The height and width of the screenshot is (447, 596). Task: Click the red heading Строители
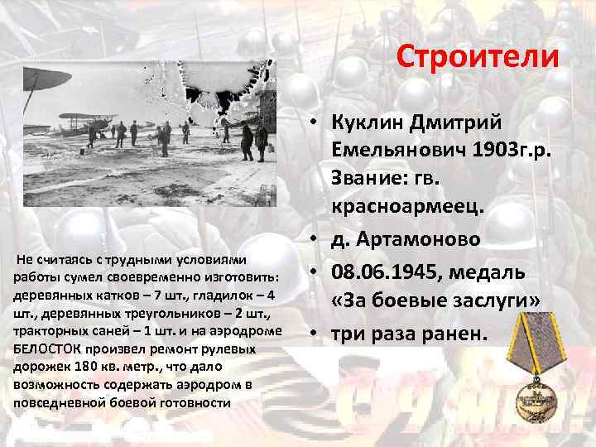(x=478, y=57)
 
